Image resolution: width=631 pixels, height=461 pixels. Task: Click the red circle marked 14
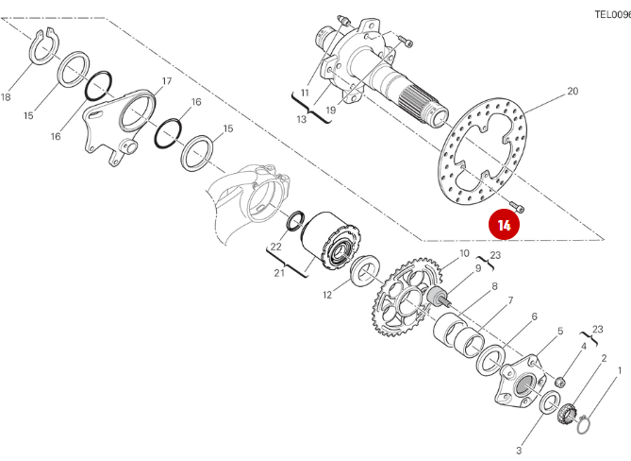pyautogui.click(x=504, y=226)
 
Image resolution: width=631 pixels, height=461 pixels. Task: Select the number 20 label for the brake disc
pyautogui.click(x=572, y=92)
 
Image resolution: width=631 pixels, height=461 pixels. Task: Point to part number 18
pyautogui.click(x=7, y=97)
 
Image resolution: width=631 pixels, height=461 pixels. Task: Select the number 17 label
pyautogui.click(x=167, y=81)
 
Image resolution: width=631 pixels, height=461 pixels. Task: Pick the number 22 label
pyautogui.click(x=275, y=247)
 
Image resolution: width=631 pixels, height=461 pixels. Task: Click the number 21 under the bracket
pyautogui.click(x=280, y=274)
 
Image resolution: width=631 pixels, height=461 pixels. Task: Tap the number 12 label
pyautogui.click(x=326, y=296)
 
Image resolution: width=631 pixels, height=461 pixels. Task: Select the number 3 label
pyautogui.click(x=519, y=450)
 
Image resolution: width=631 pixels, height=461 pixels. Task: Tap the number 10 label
pyautogui.click(x=464, y=254)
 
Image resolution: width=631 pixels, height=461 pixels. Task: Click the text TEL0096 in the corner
pyautogui.click(x=611, y=14)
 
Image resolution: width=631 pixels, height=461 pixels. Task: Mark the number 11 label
pyautogui.click(x=305, y=93)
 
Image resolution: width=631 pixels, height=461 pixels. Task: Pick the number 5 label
pyautogui.click(x=560, y=331)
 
